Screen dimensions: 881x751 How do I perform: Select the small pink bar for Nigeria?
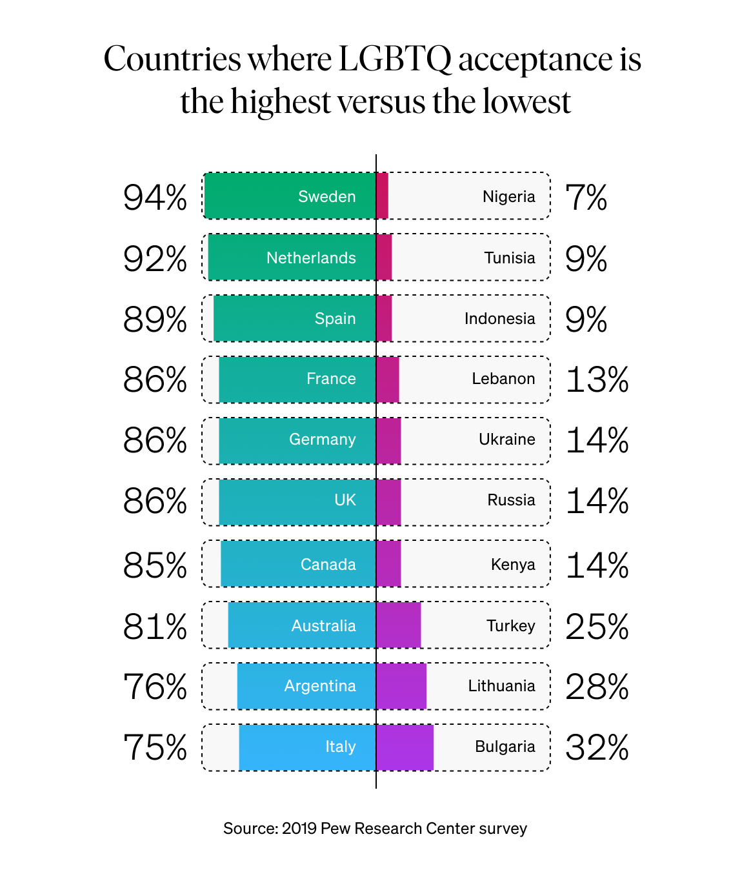[383, 196]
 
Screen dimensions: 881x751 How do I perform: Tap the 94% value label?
[155, 197]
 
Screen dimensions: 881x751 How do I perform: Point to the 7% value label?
[586, 197]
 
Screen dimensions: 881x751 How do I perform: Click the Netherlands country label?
[311, 258]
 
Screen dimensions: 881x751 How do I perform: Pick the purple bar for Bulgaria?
[405, 747]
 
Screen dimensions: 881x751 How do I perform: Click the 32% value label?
[597, 748]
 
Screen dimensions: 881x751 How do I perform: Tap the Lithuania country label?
[501, 686]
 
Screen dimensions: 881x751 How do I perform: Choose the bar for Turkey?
[399, 625]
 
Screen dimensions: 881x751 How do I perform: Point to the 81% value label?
[155, 627]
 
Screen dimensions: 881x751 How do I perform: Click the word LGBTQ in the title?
[395, 59]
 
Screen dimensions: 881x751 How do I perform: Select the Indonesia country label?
[499, 319]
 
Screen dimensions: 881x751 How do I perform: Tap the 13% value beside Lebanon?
[597, 380]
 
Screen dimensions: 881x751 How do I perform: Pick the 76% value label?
[155, 687]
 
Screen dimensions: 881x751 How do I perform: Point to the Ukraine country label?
[506, 440]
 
